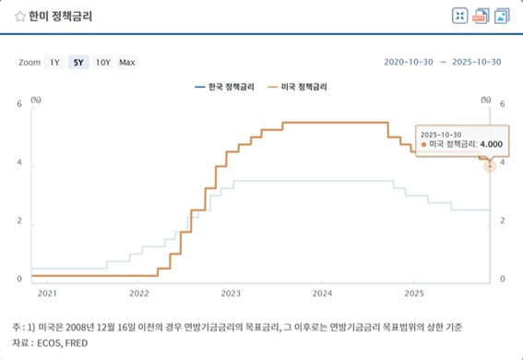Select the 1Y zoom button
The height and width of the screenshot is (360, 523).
(x=54, y=62)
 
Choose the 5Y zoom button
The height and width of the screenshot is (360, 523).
(x=78, y=62)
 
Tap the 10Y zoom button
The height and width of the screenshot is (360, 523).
(x=102, y=62)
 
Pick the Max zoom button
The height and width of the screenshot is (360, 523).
(x=127, y=62)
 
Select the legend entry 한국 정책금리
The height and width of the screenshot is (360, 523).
(x=229, y=87)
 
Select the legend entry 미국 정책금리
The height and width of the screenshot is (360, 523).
(x=301, y=87)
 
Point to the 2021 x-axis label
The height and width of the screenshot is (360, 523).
(x=47, y=294)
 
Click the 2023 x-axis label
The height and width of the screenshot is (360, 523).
(x=231, y=294)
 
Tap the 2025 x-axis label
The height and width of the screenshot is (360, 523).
(x=414, y=294)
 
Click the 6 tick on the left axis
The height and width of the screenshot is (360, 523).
(x=19, y=104)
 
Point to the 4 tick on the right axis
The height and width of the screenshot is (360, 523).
(x=503, y=163)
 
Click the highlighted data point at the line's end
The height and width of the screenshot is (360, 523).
(x=490, y=164)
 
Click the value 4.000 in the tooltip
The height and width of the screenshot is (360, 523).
(x=490, y=144)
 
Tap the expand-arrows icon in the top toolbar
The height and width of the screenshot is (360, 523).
(x=459, y=16)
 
